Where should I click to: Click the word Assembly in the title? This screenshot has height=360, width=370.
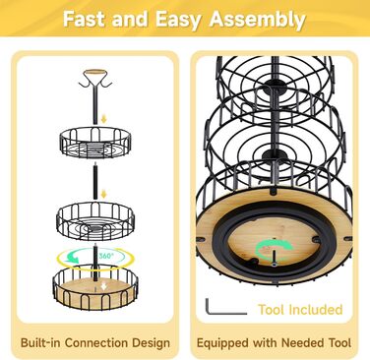258,20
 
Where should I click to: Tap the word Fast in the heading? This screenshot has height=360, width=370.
85,19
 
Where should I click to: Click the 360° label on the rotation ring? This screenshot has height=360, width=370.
105,256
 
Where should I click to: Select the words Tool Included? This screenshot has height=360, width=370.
300,310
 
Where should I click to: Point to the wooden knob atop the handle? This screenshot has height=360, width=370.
95,72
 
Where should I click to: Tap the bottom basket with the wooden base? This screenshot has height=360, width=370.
95,287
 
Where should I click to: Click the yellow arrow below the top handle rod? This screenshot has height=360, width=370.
103,119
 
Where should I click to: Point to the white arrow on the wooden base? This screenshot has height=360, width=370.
103,286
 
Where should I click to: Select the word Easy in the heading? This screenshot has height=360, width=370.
178,20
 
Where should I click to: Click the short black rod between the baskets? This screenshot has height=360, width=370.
95,181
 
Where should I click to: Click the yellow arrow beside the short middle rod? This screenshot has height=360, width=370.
103,194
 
